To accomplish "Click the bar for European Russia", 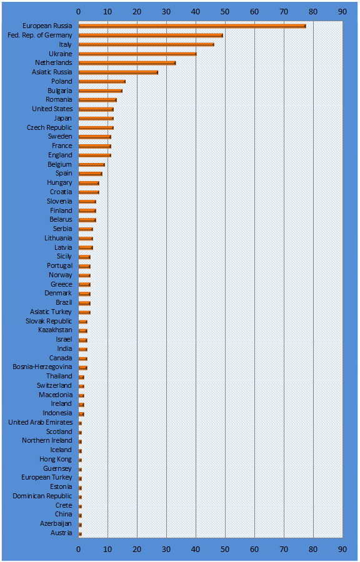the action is (x=192, y=26).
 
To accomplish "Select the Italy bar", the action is (x=146, y=45).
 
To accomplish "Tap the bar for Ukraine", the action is (x=137, y=54).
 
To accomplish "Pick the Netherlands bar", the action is (x=127, y=63).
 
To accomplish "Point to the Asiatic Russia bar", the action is (x=118, y=72).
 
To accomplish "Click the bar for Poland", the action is (x=102, y=82).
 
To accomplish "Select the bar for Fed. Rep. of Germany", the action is (x=151, y=36).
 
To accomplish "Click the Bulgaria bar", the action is (x=101, y=91).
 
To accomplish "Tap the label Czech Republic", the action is (x=49, y=127).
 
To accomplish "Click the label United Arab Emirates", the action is (x=41, y=422).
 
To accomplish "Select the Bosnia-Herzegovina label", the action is (x=42, y=367).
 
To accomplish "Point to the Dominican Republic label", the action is (x=42, y=496).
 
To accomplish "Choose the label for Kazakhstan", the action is (x=55, y=330).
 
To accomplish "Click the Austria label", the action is (x=61, y=533).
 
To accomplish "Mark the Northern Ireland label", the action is (x=47, y=440).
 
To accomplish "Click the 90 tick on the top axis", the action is (x=342, y=12).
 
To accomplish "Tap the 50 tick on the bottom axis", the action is (x=225, y=549).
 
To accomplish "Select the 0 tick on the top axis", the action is (x=79, y=12).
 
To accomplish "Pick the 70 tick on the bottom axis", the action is (x=284, y=549).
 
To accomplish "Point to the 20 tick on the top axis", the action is (x=137, y=12).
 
